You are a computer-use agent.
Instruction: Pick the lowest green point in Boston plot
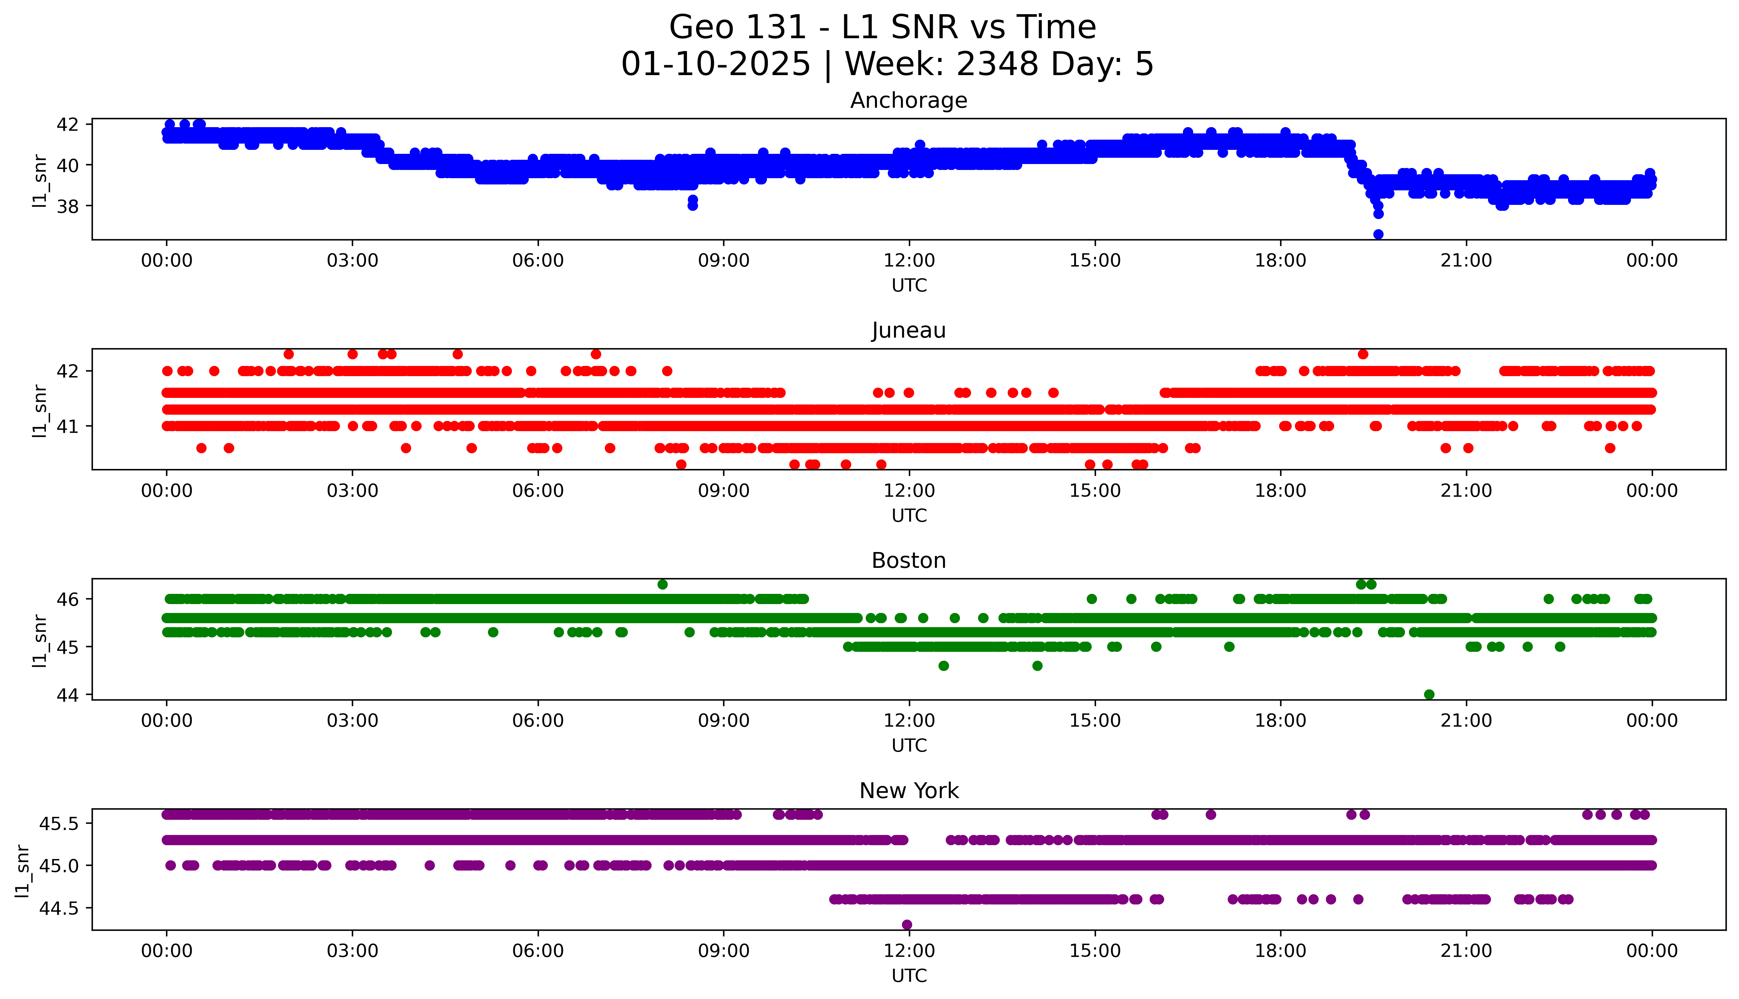point(1429,694)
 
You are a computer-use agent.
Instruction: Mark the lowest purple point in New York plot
point(907,924)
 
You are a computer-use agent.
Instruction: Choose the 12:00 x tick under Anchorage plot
point(909,261)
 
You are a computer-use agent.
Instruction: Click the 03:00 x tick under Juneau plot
point(352,490)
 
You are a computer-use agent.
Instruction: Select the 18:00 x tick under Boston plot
point(1280,720)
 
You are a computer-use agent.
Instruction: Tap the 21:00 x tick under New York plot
point(1466,951)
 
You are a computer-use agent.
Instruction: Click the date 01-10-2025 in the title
point(715,65)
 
